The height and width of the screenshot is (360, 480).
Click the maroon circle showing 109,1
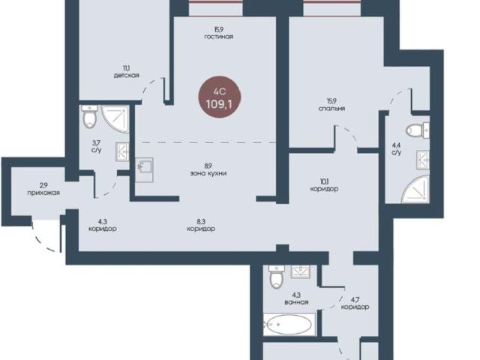[x=219, y=97]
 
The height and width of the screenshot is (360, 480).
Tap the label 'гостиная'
[x=218, y=37]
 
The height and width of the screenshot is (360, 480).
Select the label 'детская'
[x=127, y=75]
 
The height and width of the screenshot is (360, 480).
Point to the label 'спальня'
[x=331, y=109]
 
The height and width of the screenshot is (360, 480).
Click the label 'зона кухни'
[x=208, y=173]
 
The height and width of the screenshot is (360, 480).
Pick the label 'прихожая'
[x=43, y=193]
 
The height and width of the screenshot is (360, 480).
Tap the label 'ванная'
[x=296, y=302]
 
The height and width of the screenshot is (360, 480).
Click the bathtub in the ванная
[x=289, y=325]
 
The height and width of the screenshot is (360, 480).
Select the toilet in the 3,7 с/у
[x=89, y=116]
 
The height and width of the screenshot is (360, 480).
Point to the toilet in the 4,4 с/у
[x=418, y=130]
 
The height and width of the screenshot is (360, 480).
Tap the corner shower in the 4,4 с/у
[x=417, y=189]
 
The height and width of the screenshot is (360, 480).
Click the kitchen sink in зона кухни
[x=144, y=170]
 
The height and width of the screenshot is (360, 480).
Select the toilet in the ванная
[x=277, y=277]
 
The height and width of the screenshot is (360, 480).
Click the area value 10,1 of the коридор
[x=324, y=181]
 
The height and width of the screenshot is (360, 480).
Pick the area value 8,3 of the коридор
[x=201, y=221]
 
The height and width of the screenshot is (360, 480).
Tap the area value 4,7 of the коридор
[x=355, y=299]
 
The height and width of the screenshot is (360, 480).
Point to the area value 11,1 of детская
[x=126, y=68]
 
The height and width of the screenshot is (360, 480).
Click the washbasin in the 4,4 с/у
[x=423, y=160]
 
